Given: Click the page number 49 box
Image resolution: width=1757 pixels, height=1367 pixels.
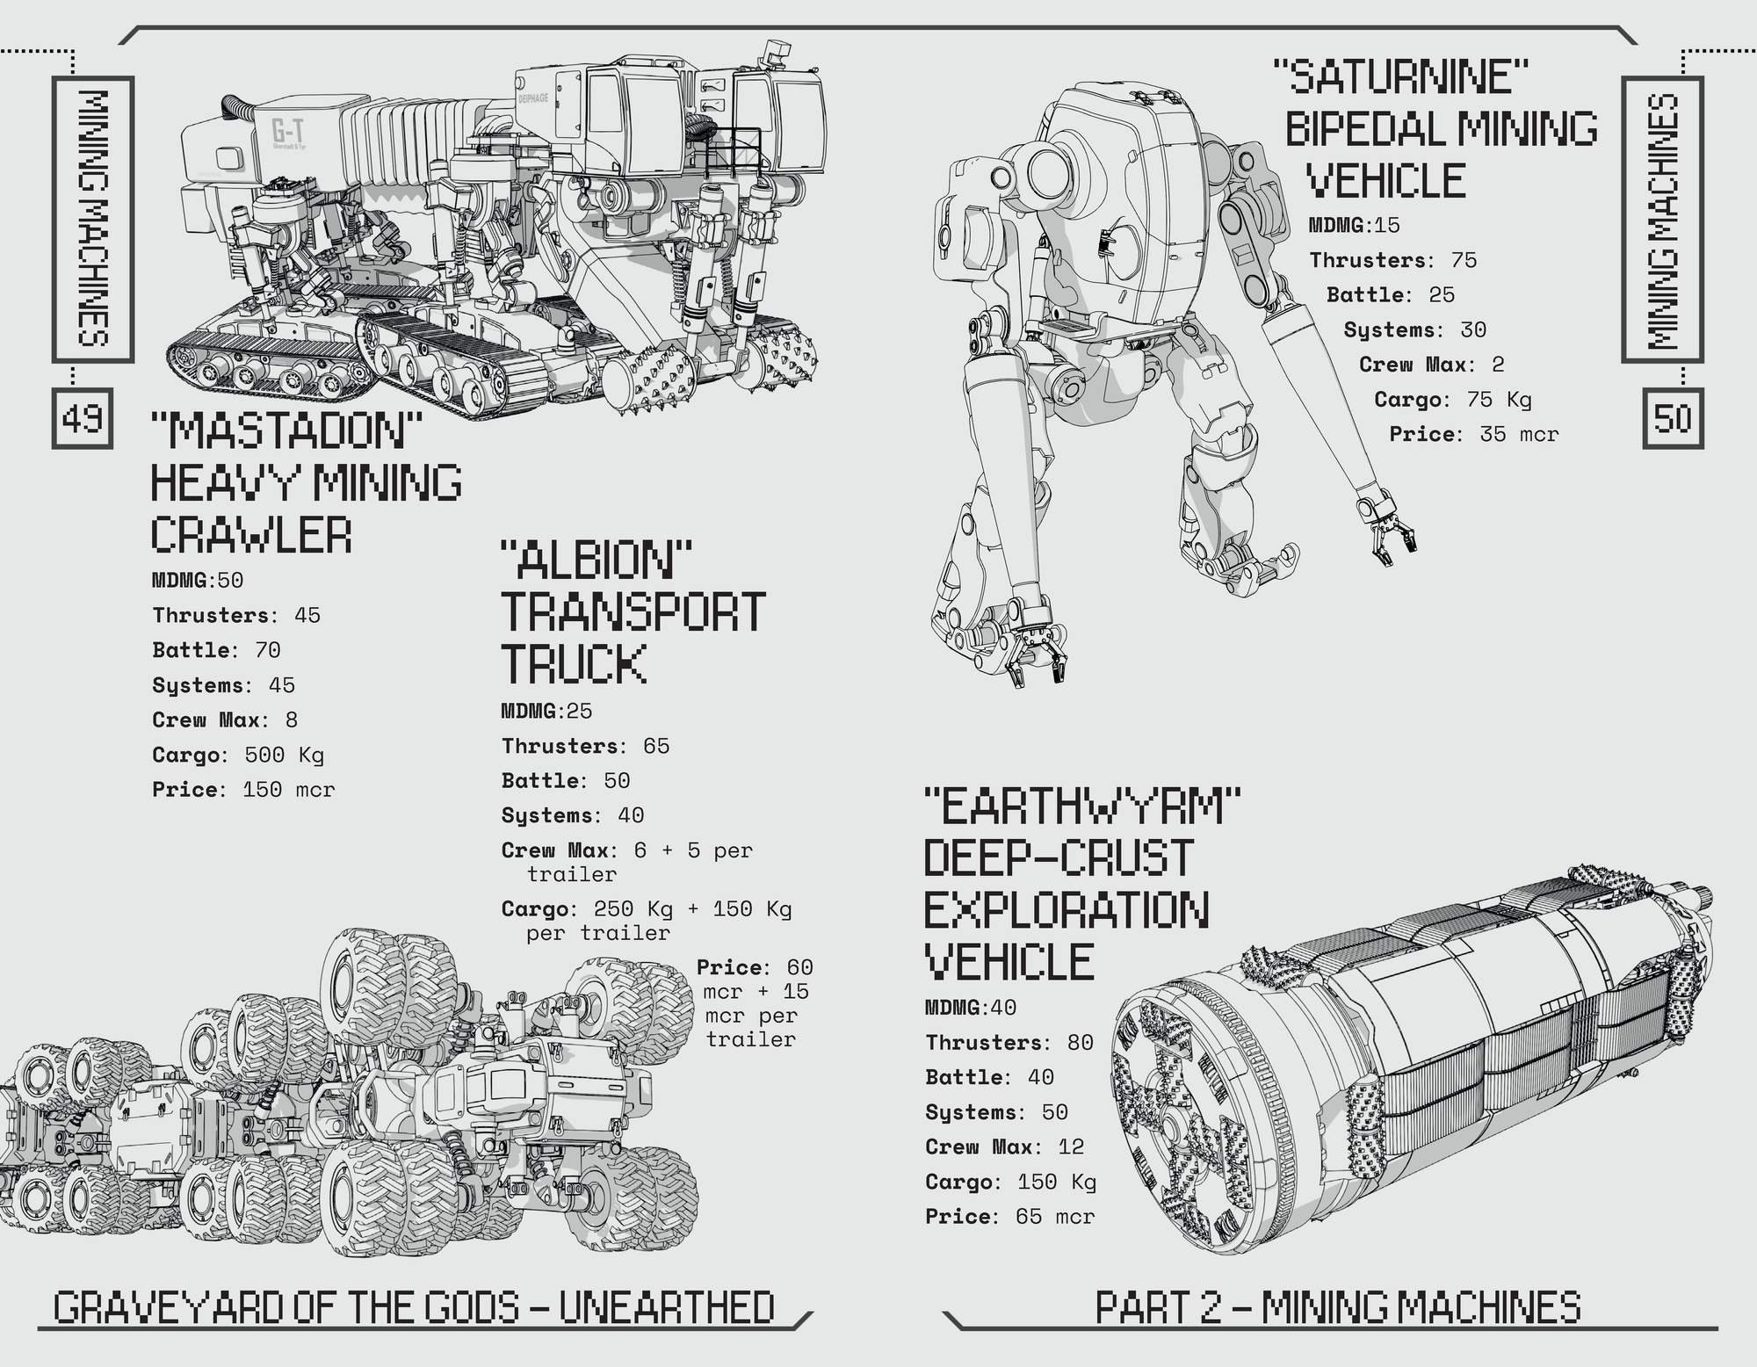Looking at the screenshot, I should tap(83, 418).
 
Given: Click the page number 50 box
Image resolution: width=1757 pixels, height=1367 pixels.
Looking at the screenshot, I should tap(1673, 418).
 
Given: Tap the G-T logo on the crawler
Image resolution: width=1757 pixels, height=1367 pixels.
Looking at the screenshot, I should tap(287, 133).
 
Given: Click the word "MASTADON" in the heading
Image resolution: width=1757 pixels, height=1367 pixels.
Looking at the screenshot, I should tap(286, 430).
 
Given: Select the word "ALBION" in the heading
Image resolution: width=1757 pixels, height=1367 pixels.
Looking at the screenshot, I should tap(597, 561).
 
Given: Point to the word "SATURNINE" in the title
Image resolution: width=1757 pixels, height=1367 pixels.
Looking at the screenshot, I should tap(1402, 77).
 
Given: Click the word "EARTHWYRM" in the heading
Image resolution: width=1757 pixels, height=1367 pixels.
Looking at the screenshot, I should tap(1082, 806).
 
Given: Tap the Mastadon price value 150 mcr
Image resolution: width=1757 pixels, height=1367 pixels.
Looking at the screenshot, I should tap(288, 790).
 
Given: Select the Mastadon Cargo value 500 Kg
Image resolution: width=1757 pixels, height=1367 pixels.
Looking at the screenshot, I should tap(284, 755).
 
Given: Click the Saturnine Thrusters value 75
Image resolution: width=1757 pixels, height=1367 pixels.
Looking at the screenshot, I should tap(1464, 260).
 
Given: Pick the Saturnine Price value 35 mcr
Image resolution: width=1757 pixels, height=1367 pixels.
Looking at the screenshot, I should tap(1519, 434).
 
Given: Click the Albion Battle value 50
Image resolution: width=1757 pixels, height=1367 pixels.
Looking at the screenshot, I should tap(617, 781).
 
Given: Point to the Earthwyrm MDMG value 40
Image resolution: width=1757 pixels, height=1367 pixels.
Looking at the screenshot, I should tap(1003, 1008).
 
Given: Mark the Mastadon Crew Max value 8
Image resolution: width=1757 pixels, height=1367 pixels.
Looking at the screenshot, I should tap(292, 720).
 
